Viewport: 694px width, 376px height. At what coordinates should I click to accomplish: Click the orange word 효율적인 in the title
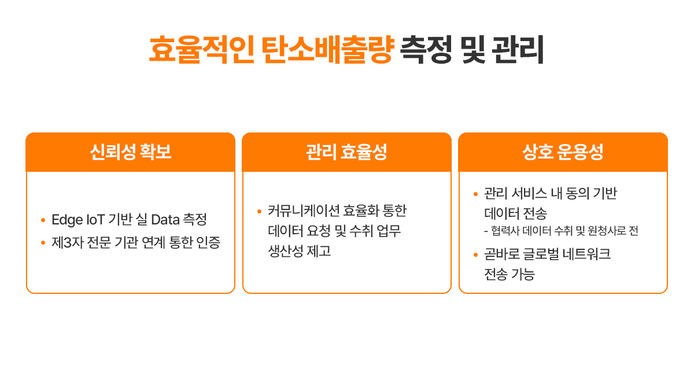pyautogui.click(x=202, y=50)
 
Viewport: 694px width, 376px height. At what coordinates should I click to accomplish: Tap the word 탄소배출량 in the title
pyautogui.click(x=328, y=50)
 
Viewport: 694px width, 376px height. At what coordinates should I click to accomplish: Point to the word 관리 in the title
pyautogui.click(x=518, y=50)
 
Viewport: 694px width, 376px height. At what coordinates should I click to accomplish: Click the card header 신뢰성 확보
pyautogui.click(x=131, y=152)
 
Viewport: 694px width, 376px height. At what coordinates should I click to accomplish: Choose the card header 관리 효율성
pyautogui.click(x=346, y=152)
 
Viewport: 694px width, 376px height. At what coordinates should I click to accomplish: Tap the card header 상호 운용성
pyautogui.click(x=563, y=152)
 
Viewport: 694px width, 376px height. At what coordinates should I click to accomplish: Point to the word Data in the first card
pyautogui.click(x=165, y=220)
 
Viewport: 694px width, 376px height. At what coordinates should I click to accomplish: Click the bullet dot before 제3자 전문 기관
pyautogui.click(x=43, y=243)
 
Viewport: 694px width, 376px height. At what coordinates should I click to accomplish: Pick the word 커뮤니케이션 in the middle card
pyautogui.click(x=303, y=211)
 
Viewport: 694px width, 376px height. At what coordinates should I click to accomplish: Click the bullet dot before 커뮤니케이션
pyautogui.click(x=259, y=212)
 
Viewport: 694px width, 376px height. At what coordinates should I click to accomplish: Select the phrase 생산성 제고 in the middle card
pyautogui.click(x=300, y=251)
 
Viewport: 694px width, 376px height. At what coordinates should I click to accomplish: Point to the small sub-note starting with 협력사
pyautogui.click(x=561, y=231)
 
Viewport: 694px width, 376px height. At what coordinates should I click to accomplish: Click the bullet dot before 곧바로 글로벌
pyautogui.click(x=475, y=255)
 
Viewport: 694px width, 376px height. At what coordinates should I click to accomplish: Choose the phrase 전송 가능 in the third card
pyautogui.click(x=510, y=274)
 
